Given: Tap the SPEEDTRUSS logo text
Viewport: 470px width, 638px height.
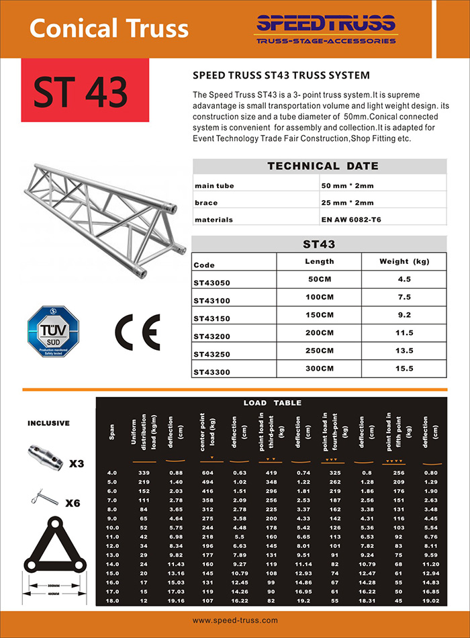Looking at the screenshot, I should tap(326, 25).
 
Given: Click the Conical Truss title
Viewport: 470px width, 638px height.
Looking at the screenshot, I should tap(109, 28).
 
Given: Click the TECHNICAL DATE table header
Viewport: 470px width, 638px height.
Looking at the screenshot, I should tap(323, 166).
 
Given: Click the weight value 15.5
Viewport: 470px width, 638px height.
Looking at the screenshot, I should tap(404, 368).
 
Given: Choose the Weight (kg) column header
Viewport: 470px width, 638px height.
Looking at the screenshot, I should tap(404, 261).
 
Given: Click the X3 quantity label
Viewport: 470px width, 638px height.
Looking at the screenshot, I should tap(75, 463).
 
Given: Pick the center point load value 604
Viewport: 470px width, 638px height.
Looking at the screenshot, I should tap(210, 473).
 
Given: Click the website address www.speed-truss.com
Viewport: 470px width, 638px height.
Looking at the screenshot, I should tap(235, 623).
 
